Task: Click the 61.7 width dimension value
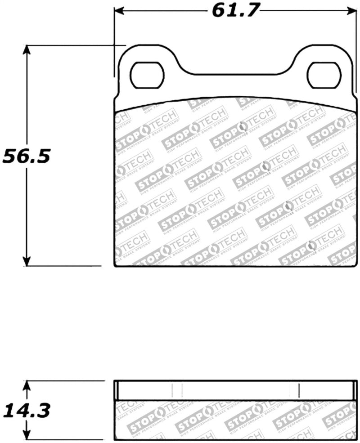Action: point(236,10)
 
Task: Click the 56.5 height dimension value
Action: point(27,156)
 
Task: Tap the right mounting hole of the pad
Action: point(323,75)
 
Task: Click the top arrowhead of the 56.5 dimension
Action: point(27,49)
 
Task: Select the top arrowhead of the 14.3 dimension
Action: point(27,385)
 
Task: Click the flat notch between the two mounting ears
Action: point(236,73)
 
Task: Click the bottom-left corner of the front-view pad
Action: point(115,266)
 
